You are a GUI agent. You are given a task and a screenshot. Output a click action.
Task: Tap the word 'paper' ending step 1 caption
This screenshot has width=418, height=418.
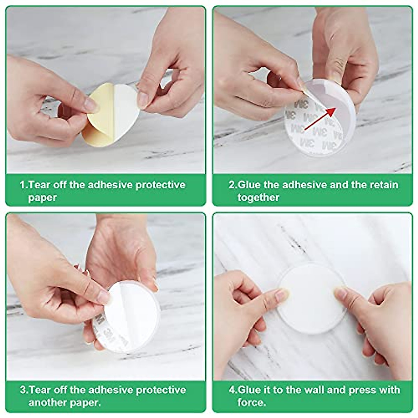[x=42, y=198]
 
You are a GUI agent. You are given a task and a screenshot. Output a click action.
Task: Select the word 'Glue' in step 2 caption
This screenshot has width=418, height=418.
[x=249, y=184]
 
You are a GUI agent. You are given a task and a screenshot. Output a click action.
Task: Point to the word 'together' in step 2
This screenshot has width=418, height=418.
[x=258, y=198]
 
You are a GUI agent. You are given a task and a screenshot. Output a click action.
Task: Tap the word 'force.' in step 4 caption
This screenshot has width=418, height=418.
[x=251, y=403]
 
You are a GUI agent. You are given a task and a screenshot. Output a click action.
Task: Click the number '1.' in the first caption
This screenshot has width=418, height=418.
[x=23, y=184]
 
